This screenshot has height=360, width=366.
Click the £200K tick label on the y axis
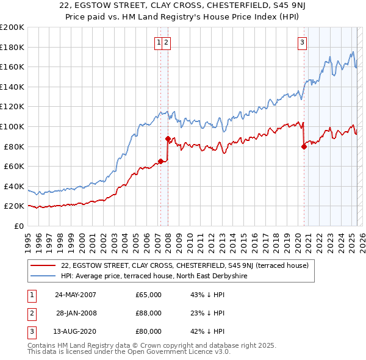point(12,27)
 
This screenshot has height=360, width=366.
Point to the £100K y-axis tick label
point(12,126)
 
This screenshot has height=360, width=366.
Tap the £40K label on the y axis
point(14,186)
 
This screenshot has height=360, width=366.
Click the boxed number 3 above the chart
point(303,42)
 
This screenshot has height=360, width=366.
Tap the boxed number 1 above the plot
point(159,42)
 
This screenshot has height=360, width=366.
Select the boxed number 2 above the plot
point(166,42)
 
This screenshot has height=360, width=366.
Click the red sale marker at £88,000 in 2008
point(168,139)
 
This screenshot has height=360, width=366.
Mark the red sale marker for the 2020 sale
point(303,146)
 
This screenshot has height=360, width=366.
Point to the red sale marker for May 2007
point(160,161)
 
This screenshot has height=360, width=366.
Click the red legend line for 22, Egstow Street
point(43,265)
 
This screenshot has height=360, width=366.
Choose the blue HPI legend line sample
point(43,276)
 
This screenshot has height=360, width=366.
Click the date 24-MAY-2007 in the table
point(75,295)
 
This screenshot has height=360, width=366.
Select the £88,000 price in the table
point(149,313)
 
